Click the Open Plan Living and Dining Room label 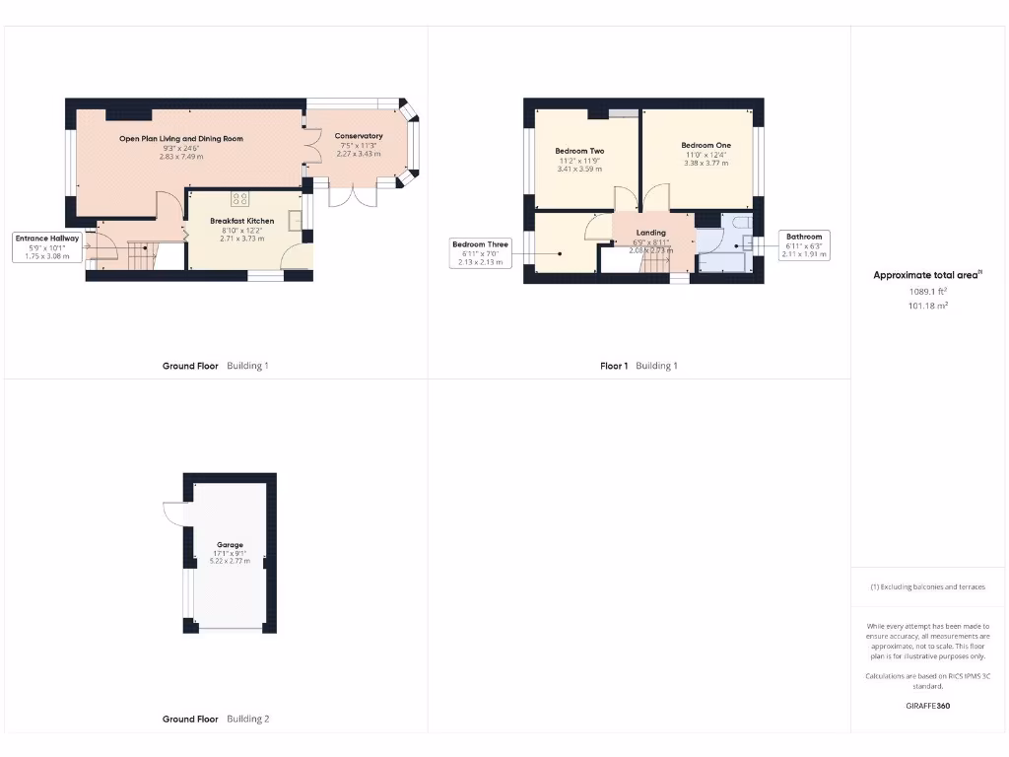tap(181, 139)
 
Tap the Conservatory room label tap(359, 136)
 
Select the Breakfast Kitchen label tap(241, 221)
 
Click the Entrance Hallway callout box tap(46, 246)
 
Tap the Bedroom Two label tap(579, 151)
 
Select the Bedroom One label tap(706, 145)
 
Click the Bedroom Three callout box tap(480, 252)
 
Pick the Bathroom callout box tap(803, 245)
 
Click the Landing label tap(650, 233)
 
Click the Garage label tap(230, 545)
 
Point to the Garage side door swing tap(173, 513)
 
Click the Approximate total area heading tap(927, 275)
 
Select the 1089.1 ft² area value tap(927, 292)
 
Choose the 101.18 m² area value tap(927, 307)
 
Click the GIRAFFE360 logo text tap(927, 706)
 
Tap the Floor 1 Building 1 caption tap(639, 366)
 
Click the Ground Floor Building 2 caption tap(215, 720)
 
